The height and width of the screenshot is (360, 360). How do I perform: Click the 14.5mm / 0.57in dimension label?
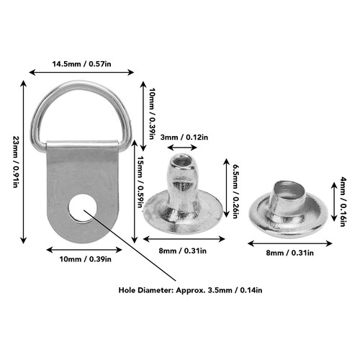point(82,64)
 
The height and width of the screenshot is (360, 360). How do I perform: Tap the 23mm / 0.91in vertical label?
point(15,162)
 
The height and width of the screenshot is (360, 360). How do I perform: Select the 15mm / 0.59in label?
point(140,181)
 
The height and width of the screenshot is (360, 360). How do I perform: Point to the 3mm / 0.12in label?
point(184,138)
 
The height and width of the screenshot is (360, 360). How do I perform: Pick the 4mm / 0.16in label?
point(343,202)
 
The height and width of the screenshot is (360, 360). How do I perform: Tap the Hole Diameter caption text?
point(190,290)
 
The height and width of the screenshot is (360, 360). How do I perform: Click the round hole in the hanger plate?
point(83,208)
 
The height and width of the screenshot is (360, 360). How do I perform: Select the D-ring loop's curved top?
point(81,85)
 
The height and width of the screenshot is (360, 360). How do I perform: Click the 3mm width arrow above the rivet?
point(182,147)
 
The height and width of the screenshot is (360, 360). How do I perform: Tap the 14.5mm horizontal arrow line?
point(81,72)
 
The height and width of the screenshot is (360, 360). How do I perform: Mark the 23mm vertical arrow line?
point(23,162)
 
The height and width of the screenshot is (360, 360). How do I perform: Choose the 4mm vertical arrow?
point(334,202)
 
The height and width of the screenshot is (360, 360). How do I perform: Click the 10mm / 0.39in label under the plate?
point(86,259)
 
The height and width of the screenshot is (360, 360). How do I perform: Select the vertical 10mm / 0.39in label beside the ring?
point(152,114)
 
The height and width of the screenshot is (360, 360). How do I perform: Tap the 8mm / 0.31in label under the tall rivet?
point(183,251)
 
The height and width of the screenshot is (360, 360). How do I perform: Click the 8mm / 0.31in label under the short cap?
point(289,253)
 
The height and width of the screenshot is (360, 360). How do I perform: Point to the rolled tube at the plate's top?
point(83,143)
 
